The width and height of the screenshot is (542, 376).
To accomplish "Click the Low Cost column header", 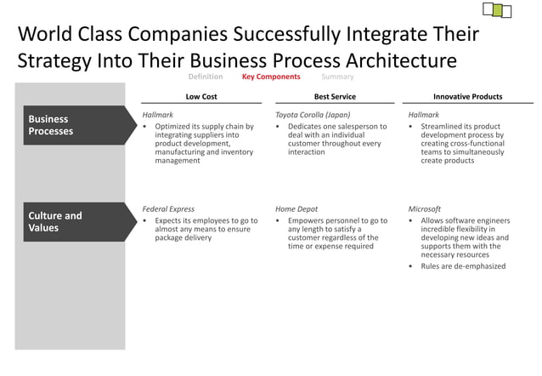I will coord(201,97).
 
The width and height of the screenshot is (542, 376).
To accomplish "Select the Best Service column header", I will coord(335,97).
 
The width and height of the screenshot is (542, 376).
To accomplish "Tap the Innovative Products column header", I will coord(467,97).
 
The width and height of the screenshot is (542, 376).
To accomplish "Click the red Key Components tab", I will coord(271,77).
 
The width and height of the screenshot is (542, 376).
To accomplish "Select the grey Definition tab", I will coord(206,77).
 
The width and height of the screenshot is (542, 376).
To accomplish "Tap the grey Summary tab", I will coord(338,77).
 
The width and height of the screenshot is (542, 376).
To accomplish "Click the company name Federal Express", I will coord(168,208).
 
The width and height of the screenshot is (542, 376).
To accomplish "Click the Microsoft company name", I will coord(425,208).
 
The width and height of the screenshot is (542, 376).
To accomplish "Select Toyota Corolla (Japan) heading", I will coord(313,114).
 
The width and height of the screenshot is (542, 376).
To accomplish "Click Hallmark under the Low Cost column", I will coord(159,114).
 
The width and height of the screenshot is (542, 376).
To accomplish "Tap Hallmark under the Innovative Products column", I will coord(424,114).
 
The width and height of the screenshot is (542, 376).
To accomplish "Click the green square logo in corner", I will coord(491,9).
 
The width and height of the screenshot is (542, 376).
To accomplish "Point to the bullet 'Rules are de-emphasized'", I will coord(463,266).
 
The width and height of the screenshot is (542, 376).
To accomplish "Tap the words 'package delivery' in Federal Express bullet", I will coord(183,238).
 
